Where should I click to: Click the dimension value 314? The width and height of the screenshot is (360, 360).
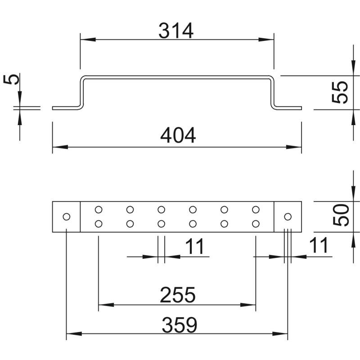(176, 31)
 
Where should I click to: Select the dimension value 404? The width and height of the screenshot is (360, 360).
(178, 135)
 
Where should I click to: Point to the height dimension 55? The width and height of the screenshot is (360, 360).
(340, 92)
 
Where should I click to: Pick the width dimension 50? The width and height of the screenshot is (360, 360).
(341, 215)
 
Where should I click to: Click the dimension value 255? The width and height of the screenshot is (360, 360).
(178, 295)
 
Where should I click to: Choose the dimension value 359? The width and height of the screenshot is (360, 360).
(179, 324)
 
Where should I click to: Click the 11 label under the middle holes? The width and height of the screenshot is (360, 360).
(195, 246)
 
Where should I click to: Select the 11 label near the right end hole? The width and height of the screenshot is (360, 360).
(319, 245)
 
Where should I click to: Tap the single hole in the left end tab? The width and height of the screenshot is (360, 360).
(66, 216)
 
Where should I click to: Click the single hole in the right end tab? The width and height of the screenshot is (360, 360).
(288, 216)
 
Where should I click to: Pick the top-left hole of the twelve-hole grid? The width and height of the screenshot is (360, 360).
(99, 210)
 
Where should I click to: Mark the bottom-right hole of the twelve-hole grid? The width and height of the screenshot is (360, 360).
(256, 223)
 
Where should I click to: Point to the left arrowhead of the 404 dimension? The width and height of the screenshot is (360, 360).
(60, 147)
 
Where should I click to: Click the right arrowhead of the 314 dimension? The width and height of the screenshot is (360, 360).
(266, 40)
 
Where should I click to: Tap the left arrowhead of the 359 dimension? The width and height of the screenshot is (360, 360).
(74, 333)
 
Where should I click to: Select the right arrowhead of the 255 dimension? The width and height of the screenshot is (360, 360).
(248, 305)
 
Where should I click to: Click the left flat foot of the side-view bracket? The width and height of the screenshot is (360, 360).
(66, 108)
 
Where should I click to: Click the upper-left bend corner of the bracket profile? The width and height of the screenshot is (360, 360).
(82, 78)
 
